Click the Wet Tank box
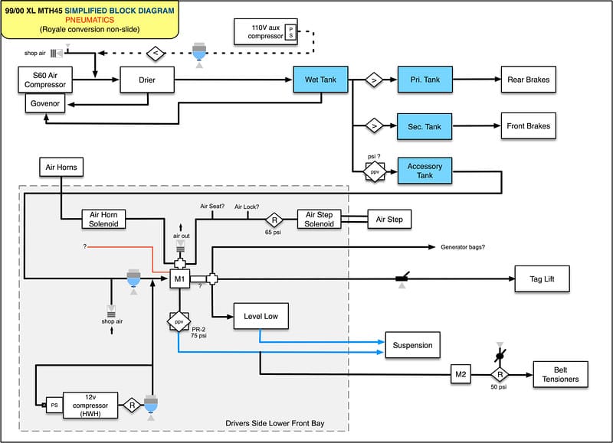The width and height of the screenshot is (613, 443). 320,80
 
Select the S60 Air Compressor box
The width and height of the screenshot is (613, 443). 45,80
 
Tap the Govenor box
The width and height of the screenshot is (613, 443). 45,103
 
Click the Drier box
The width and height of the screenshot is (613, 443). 147,80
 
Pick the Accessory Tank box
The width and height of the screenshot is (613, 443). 425,171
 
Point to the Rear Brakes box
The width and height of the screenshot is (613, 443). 529,80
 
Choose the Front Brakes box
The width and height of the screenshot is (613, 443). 529,125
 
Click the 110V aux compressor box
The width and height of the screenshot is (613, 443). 266,31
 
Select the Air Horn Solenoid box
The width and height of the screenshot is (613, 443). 103,220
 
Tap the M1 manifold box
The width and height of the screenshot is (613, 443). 179,279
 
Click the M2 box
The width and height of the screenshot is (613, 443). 461,374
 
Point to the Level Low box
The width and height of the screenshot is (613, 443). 261,316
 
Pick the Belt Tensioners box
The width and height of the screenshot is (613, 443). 561,374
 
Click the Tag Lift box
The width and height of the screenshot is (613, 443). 542,279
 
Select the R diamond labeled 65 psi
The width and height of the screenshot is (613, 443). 274,220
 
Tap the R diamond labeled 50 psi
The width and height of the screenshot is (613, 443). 500,375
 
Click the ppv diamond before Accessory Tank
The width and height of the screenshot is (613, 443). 375,171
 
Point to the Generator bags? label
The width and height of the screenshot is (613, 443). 463,247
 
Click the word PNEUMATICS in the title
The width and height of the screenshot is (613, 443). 90,20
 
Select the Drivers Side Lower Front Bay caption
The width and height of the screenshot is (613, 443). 275,423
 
